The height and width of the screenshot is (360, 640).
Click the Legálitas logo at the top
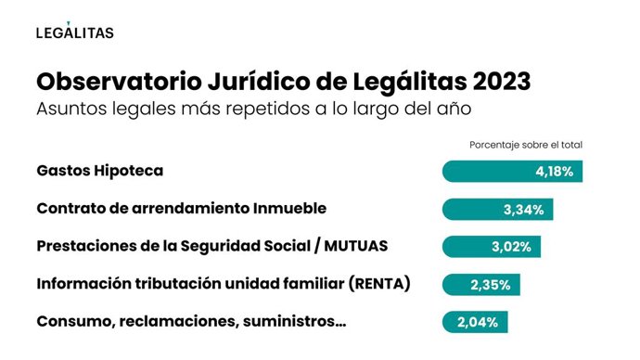(74, 32)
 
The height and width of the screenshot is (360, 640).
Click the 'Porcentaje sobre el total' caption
(525, 145)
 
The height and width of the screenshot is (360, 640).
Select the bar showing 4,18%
(512, 172)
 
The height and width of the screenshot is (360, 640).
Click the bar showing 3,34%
(499, 210)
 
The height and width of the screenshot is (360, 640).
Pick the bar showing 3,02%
(492, 247)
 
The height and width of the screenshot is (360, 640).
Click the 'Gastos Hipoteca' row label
(99, 172)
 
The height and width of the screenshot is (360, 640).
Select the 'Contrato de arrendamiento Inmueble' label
(181, 210)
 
